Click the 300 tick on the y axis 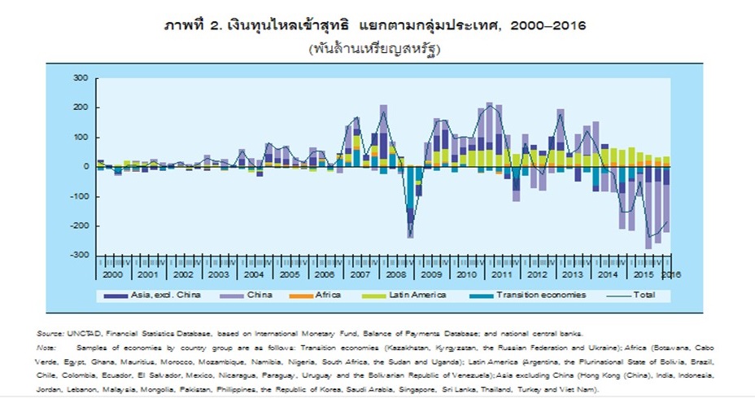pos(80,78)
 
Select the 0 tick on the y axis pos(85,167)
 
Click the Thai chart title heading pos(375,25)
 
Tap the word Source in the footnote pos(48,334)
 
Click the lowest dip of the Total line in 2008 pos(411,237)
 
